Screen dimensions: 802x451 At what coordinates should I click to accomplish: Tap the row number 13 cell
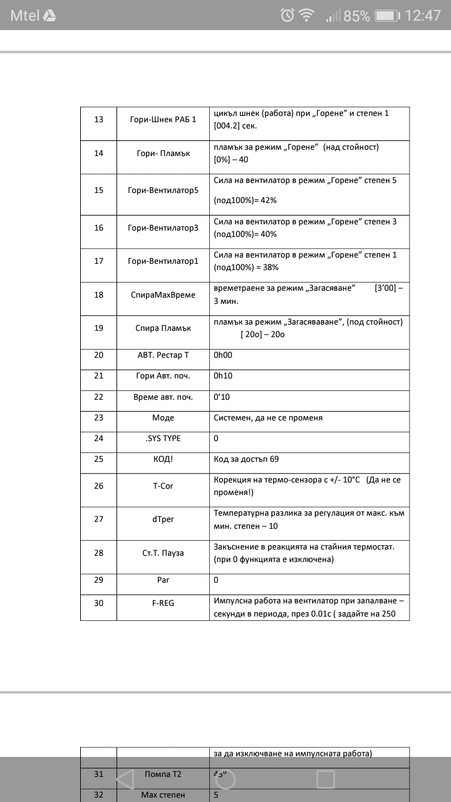pos(98,119)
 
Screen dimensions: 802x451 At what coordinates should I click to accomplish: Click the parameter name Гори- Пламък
pos(163,153)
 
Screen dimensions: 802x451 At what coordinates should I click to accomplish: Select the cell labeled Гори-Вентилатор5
pos(163,190)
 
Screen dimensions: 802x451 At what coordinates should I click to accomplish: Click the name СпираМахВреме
pos(163,294)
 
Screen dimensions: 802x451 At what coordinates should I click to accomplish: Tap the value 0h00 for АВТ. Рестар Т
pos(224,355)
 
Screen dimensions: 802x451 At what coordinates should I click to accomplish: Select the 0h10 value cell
pos(224,376)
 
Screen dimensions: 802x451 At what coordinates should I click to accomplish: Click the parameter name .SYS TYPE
pos(163,439)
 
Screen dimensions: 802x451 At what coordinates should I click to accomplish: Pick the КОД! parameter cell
pos(163,459)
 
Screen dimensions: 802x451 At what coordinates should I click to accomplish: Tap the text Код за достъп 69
pos(246,459)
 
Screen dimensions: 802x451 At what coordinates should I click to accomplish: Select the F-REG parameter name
pos(163,603)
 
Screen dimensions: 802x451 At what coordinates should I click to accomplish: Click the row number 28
pos(98,553)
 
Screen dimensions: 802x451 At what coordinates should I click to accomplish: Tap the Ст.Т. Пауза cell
pos(163,553)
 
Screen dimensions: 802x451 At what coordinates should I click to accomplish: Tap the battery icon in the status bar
pos(387,16)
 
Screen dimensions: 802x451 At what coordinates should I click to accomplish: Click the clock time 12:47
pos(423,16)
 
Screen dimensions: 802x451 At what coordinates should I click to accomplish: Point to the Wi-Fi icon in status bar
pos(307,15)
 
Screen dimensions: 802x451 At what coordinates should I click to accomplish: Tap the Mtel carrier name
pos(24,16)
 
